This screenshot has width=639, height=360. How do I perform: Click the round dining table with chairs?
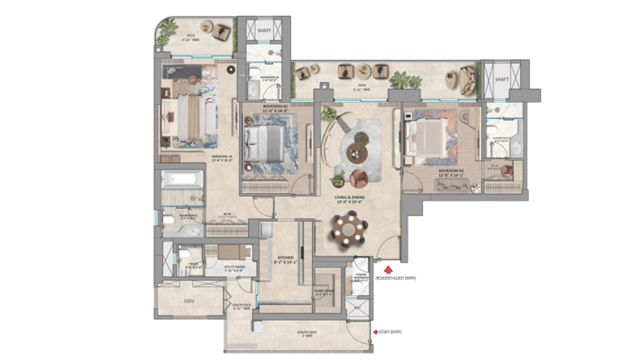click(x=349, y=229)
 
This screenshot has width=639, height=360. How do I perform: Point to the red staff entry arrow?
click(x=376, y=332)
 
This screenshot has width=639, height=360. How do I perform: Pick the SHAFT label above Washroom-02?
click(x=264, y=30)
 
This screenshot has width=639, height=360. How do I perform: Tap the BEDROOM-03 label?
click(x=450, y=171)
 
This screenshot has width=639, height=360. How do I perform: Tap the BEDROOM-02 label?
click(x=278, y=107)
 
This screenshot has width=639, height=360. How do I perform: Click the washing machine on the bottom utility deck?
click(x=258, y=327)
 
